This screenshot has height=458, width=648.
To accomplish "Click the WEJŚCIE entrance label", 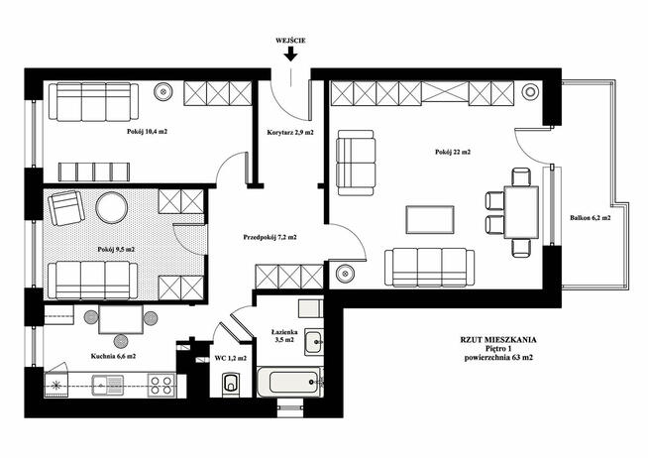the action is (290, 41).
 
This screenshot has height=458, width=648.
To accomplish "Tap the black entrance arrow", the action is (291, 54).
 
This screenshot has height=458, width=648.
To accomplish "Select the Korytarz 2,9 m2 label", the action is (290, 133).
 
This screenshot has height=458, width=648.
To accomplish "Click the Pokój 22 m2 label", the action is (453, 152).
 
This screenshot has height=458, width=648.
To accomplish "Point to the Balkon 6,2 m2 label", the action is (590, 218).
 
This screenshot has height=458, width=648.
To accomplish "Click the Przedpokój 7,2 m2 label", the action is (270, 238).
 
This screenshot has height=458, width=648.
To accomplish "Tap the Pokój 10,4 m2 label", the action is (147, 132).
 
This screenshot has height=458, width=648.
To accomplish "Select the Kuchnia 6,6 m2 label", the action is (113, 356).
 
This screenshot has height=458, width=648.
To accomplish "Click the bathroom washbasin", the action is (314, 342).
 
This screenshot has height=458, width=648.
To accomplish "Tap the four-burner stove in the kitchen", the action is (162, 386).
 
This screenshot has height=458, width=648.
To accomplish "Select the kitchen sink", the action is (107, 386).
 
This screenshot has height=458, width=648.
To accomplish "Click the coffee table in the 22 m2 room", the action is (430, 219).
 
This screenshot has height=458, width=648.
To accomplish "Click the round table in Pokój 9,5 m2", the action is (112, 207).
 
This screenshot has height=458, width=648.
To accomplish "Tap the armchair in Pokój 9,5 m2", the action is (66, 208).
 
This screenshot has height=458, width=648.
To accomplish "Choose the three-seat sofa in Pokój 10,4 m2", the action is (93, 102).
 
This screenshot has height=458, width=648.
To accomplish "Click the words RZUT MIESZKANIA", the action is (498, 340).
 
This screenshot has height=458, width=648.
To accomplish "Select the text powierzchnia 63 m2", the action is (498, 358).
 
